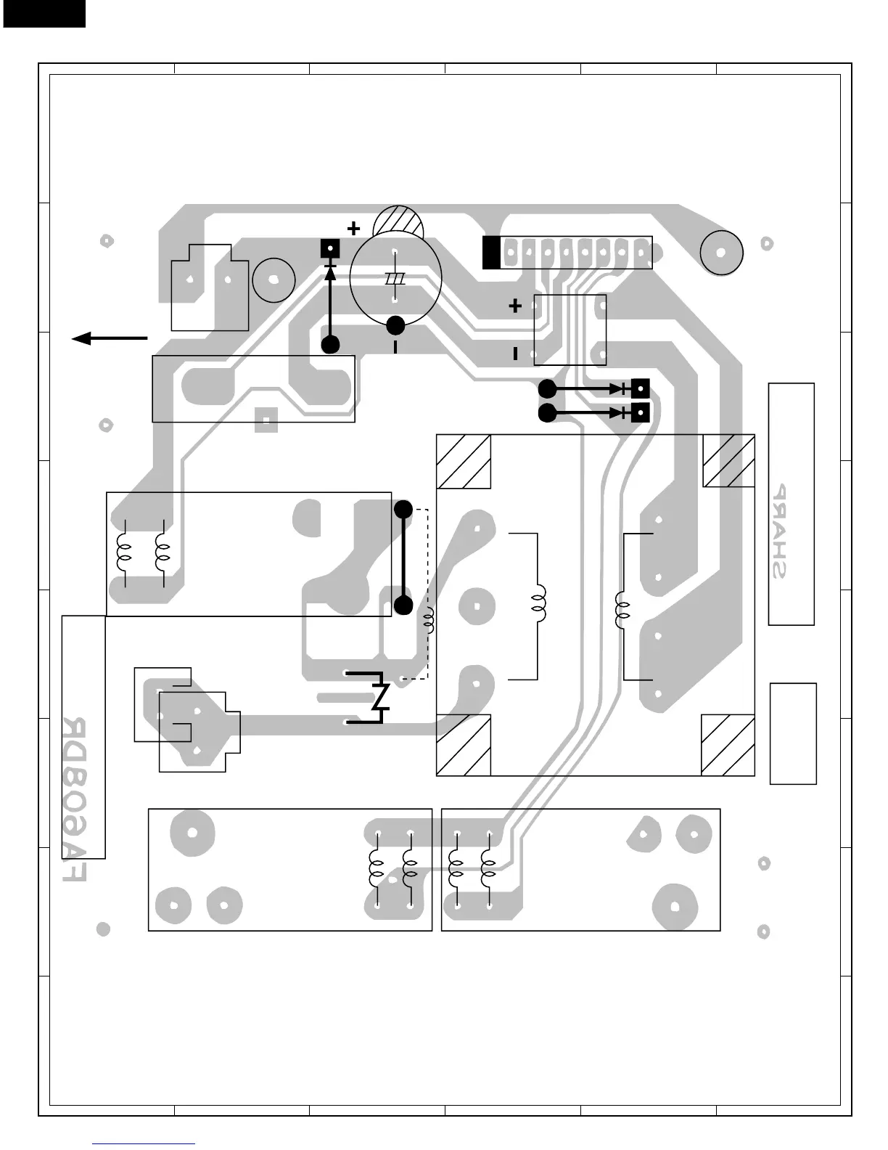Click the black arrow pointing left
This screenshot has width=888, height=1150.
(x=109, y=338)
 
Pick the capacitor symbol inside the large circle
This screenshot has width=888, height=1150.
(x=395, y=278)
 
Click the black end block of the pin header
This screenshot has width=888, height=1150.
(x=491, y=253)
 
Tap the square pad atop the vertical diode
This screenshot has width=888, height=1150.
(x=331, y=249)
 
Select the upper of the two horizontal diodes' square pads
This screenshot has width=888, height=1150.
(x=641, y=389)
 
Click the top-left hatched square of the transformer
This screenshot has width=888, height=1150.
(x=464, y=462)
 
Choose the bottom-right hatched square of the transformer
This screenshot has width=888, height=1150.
(x=728, y=746)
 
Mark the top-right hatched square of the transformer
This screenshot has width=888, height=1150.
(x=729, y=461)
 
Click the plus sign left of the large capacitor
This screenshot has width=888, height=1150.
(x=353, y=229)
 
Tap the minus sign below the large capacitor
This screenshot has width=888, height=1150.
(x=395, y=348)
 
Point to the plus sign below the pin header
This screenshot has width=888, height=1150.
(x=515, y=306)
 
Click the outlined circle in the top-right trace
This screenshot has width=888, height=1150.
(x=722, y=253)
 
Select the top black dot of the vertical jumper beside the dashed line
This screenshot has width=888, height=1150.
(x=403, y=510)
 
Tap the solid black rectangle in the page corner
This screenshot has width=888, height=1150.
(x=44, y=13)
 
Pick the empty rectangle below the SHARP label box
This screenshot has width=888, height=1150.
(x=793, y=733)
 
